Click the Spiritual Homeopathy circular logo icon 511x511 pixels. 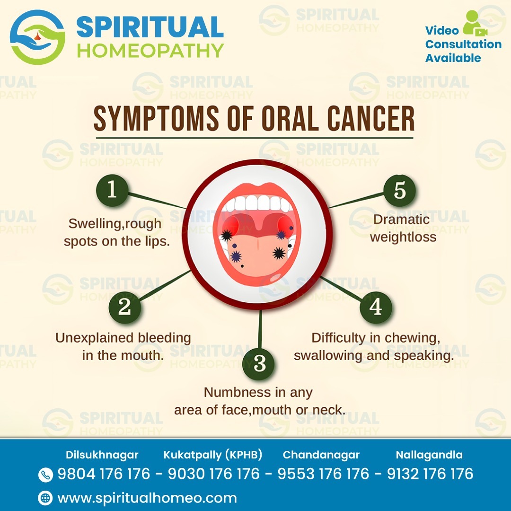[x=37, y=37]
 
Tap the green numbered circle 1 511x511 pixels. [x=112, y=190]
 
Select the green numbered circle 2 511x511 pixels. [x=125, y=307]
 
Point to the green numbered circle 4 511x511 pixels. [x=376, y=307]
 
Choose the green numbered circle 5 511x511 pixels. [x=399, y=190]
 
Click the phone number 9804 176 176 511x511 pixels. [x=104, y=474]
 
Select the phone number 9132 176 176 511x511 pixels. [x=430, y=474]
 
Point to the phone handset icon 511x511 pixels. [x=45, y=475]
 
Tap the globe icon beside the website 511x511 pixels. [x=45, y=498]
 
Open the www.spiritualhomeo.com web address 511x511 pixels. [x=147, y=498]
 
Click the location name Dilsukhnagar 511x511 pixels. [x=102, y=455]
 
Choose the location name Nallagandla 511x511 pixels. [x=429, y=455]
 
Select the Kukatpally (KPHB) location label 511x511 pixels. [x=213, y=455]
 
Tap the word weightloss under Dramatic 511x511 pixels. [x=403, y=237]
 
